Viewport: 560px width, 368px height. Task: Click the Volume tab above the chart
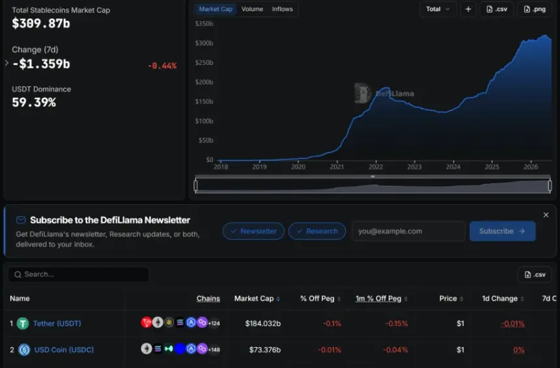click(x=252, y=9)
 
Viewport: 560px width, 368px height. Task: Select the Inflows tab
click(x=282, y=9)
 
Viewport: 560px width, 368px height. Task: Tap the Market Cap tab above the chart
click(x=216, y=9)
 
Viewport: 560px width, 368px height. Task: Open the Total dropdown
click(x=438, y=9)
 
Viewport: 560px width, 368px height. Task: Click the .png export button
click(x=535, y=9)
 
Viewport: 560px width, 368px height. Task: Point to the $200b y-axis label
click(x=204, y=82)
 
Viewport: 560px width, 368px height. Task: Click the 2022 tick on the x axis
click(x=376, y=166)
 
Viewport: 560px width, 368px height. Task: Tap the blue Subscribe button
click(x=502, y=231)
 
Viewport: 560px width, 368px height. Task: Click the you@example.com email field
click(x=408, y=231)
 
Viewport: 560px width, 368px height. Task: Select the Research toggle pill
click(x=316, y=231)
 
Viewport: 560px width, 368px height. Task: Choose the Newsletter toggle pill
click(x=253, y=231)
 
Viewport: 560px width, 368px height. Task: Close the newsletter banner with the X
click(x=546, y=215)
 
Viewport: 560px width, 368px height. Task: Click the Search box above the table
click(x=79, y=274)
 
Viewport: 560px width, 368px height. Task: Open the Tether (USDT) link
click(x=57, y=323)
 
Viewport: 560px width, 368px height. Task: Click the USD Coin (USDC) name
click(x=64, y=350)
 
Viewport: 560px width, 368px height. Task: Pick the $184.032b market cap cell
click(x=263, y=323)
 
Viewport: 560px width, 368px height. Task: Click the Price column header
click(x=448, y=298)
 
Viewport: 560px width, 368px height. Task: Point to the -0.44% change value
click(x=162, y=66)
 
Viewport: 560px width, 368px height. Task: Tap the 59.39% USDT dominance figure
click(x=34, y=102)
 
